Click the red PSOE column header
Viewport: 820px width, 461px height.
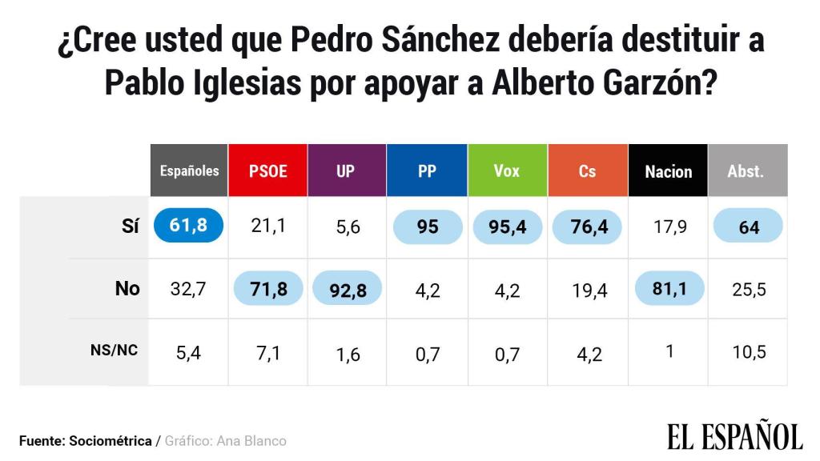pos(268,170)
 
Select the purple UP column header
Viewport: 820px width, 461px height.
pos(347,170)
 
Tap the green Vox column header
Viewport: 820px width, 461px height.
pos(506,170)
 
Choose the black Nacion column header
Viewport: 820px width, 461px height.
pos(668,170)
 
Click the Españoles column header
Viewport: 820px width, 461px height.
pos(189,170)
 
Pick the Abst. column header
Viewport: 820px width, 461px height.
pos(746,170)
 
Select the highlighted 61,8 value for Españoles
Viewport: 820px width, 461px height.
pos(189,226)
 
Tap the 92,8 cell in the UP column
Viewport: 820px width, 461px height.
pos(347,289)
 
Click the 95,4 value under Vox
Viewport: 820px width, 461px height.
pos(507,227)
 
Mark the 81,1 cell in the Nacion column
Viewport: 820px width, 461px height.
pos(668,289)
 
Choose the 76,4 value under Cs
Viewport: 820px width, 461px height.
pos(588,227)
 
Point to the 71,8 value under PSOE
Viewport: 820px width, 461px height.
pos(268,289)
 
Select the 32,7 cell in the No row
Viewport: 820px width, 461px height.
pos(190,289)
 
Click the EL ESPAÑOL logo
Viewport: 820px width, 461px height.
pos(734,436)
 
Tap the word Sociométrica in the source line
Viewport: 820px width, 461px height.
pos(110,441)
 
